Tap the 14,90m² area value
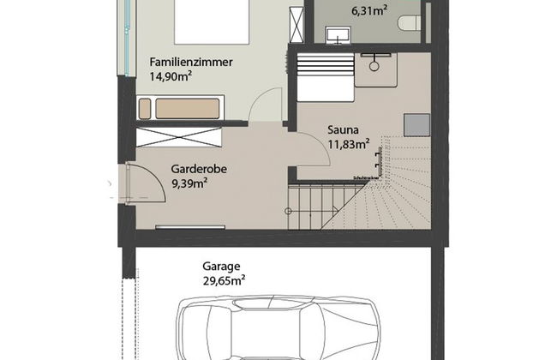[170, 75]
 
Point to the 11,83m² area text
[348, 143]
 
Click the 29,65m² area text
[225, 279]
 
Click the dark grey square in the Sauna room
[416, 125]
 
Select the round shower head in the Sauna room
[374, 63]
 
